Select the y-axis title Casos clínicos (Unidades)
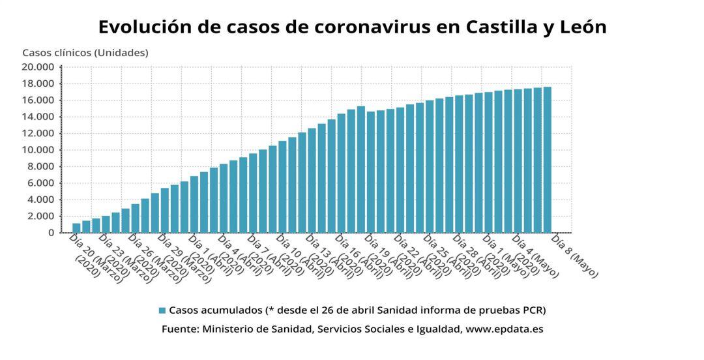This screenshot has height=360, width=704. click(85, 53)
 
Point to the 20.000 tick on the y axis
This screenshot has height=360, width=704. click(38, 67)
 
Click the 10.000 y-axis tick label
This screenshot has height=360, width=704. click(38, 150)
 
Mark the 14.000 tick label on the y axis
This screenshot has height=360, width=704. click(38, 117)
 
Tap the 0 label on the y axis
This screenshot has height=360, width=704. click(51, 233)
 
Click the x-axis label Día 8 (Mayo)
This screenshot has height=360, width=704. click(574, 256)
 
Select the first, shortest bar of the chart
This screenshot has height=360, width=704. click(76, 228)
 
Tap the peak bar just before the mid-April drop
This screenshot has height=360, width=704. click(360, 170)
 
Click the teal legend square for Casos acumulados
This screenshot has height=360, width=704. click(162, 310)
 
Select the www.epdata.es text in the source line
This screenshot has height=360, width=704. click(503, 329)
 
